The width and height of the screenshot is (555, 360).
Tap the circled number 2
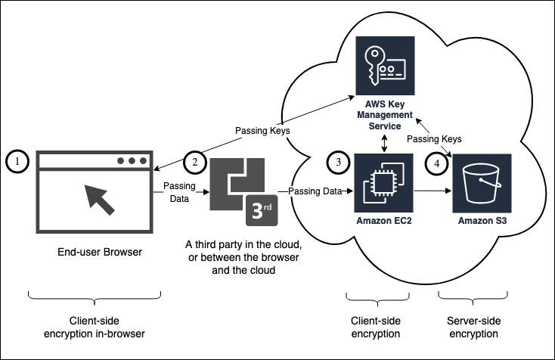(x=194, y=162)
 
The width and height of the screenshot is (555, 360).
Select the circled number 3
(x=338, y=162)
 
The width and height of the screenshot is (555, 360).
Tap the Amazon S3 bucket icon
(x=482, y=183)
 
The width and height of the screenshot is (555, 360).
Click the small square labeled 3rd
(x=262, y=210)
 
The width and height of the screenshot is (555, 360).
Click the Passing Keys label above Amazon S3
(x=434, y=139)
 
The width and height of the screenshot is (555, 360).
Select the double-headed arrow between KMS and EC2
(x=386, y=144)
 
